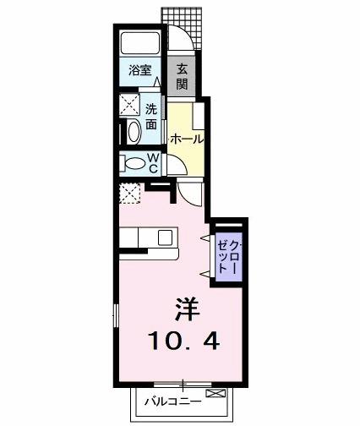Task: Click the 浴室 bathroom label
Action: click(139, 71)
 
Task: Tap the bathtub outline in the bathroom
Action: click(139, 44)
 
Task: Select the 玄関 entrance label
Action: click(183, 75)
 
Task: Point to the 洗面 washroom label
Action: click(150, 116)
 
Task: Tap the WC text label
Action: click(154, 162)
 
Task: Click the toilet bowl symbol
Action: click(135, 162)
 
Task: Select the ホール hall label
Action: click(186, 139)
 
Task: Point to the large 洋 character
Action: click(187, 309)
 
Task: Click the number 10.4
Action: click(186, 342)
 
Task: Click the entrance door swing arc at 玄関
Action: click(177, 39)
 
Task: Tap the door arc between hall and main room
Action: click(192, 194)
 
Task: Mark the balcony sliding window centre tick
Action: click(180, 385)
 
